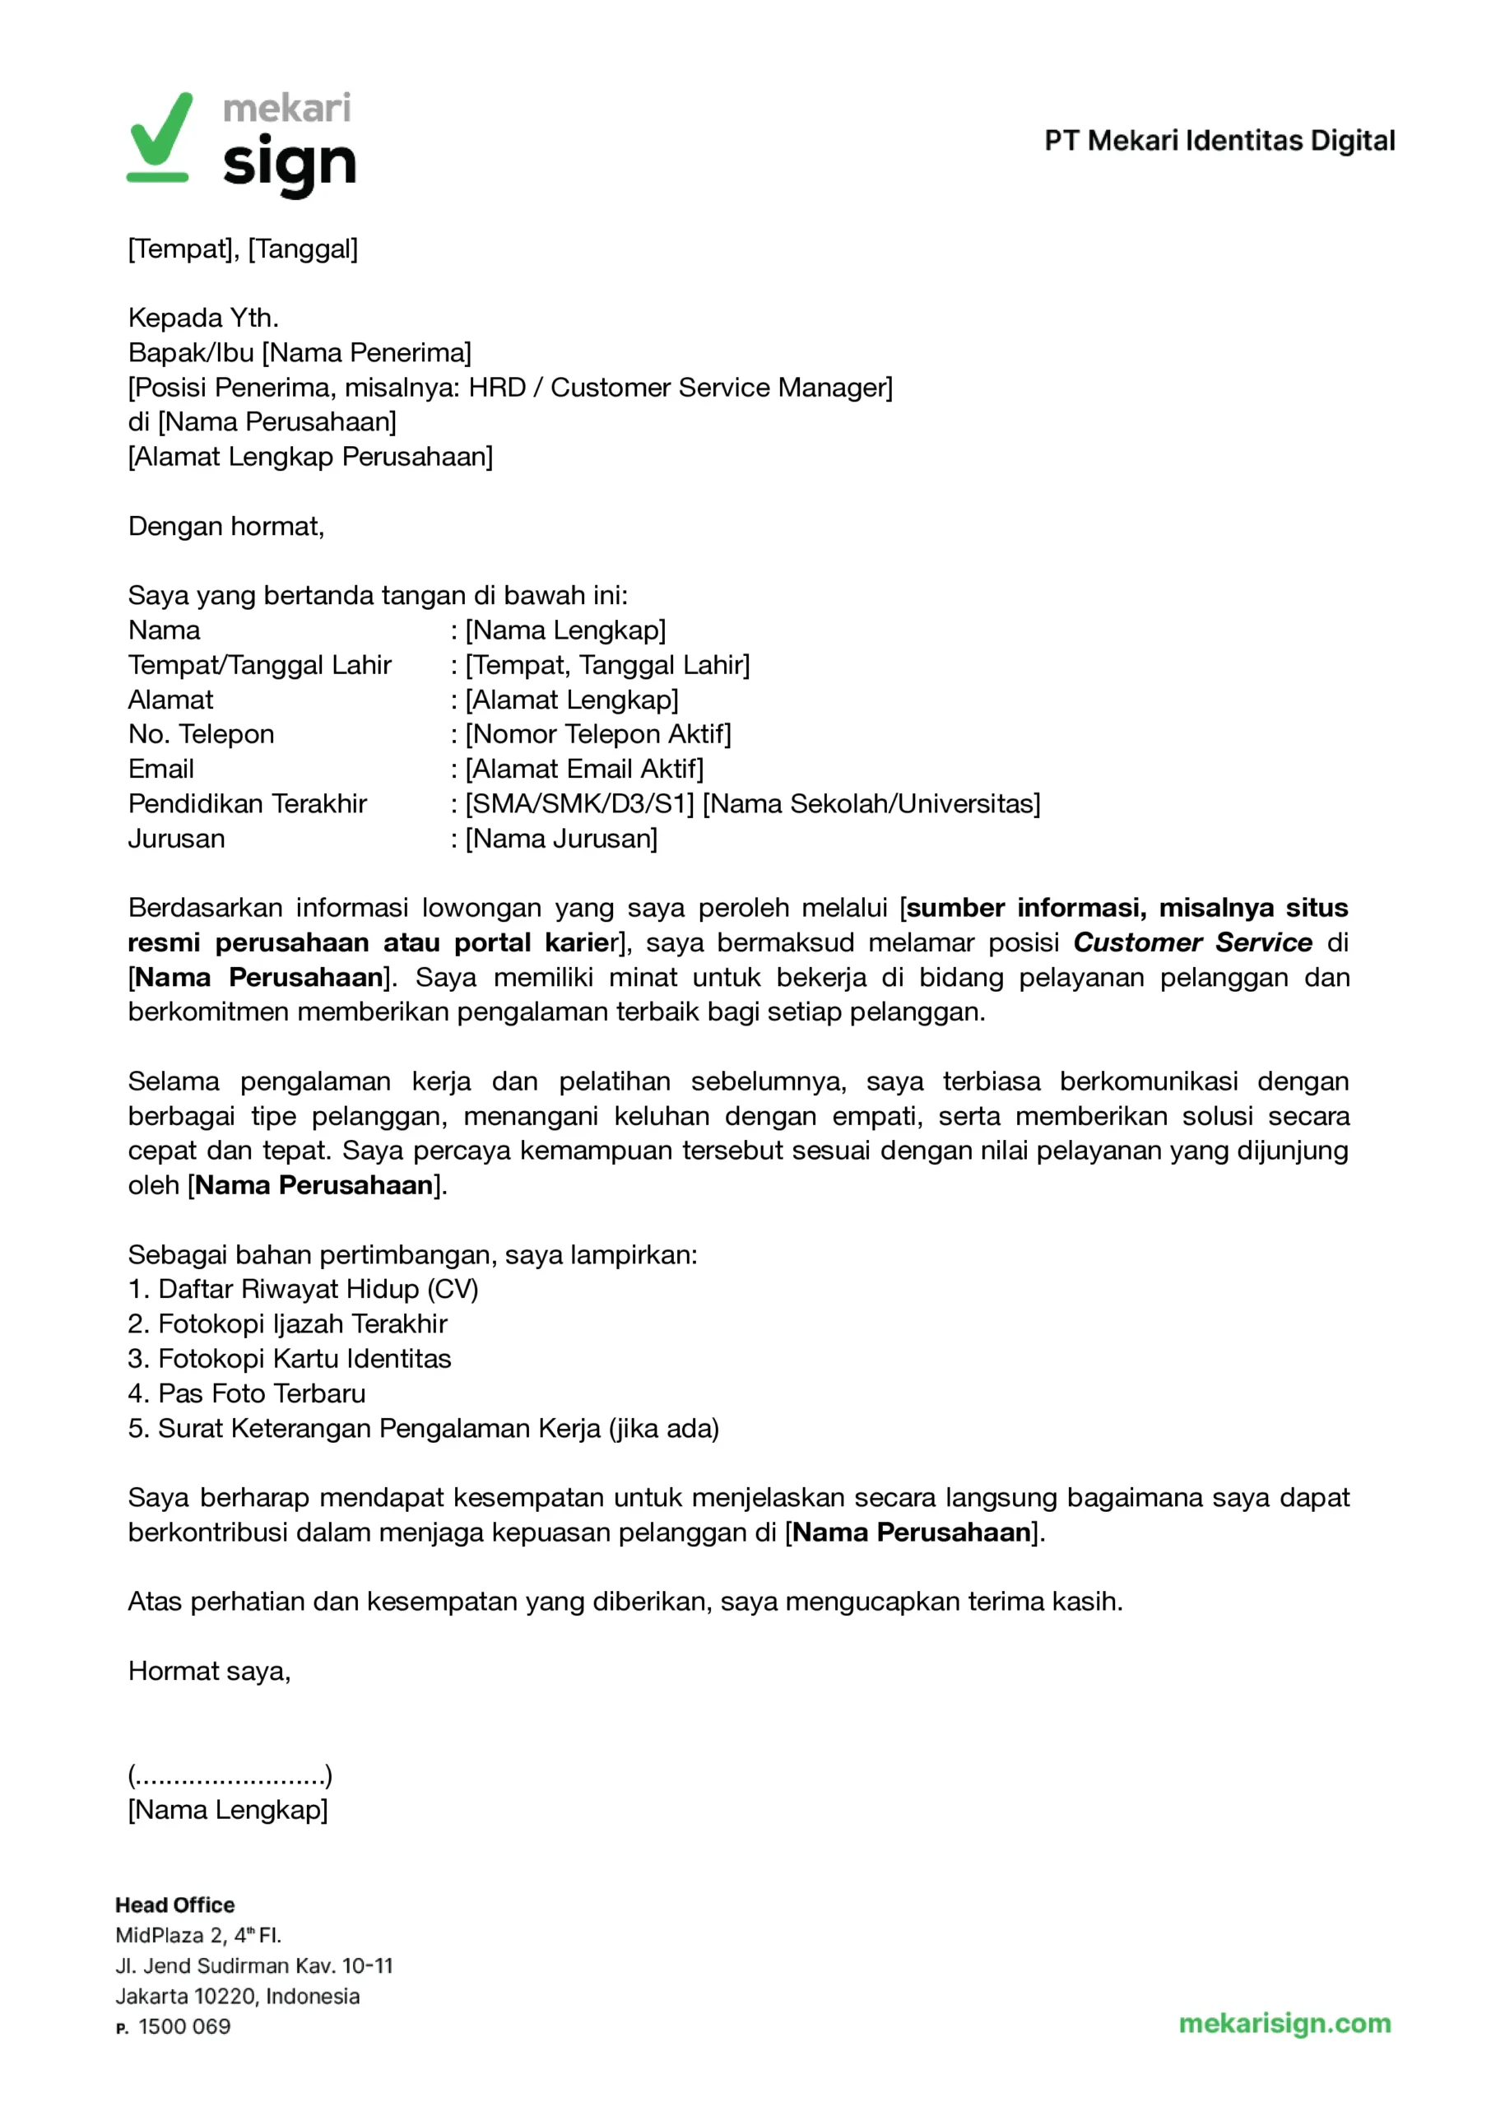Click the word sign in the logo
[x=288, y=165]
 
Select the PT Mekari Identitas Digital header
[x=1219, y=141]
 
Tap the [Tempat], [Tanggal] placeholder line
[x=243, y=249]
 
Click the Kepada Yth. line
[x=203, y=318]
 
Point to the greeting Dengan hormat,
[x=225, y=526]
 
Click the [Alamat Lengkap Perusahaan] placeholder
[x=310, y=456]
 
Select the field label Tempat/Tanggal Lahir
[x=260, y=665]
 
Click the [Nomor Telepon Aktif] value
[x=597, y=733]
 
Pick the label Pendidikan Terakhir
[x=247, y=803]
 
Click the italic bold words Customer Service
[x=1191, y=942]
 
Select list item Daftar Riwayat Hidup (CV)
[x=303, y=1289]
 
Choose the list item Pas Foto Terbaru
[x=247, y=1393]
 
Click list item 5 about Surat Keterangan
[x=423, y=1428]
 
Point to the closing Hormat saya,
[x=209, y=1671]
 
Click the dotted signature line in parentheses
[x=230, y=1775]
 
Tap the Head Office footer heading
[x=174, y=1905]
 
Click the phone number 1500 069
[x=183, y=2026]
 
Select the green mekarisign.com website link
[x=1284, y=2022]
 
